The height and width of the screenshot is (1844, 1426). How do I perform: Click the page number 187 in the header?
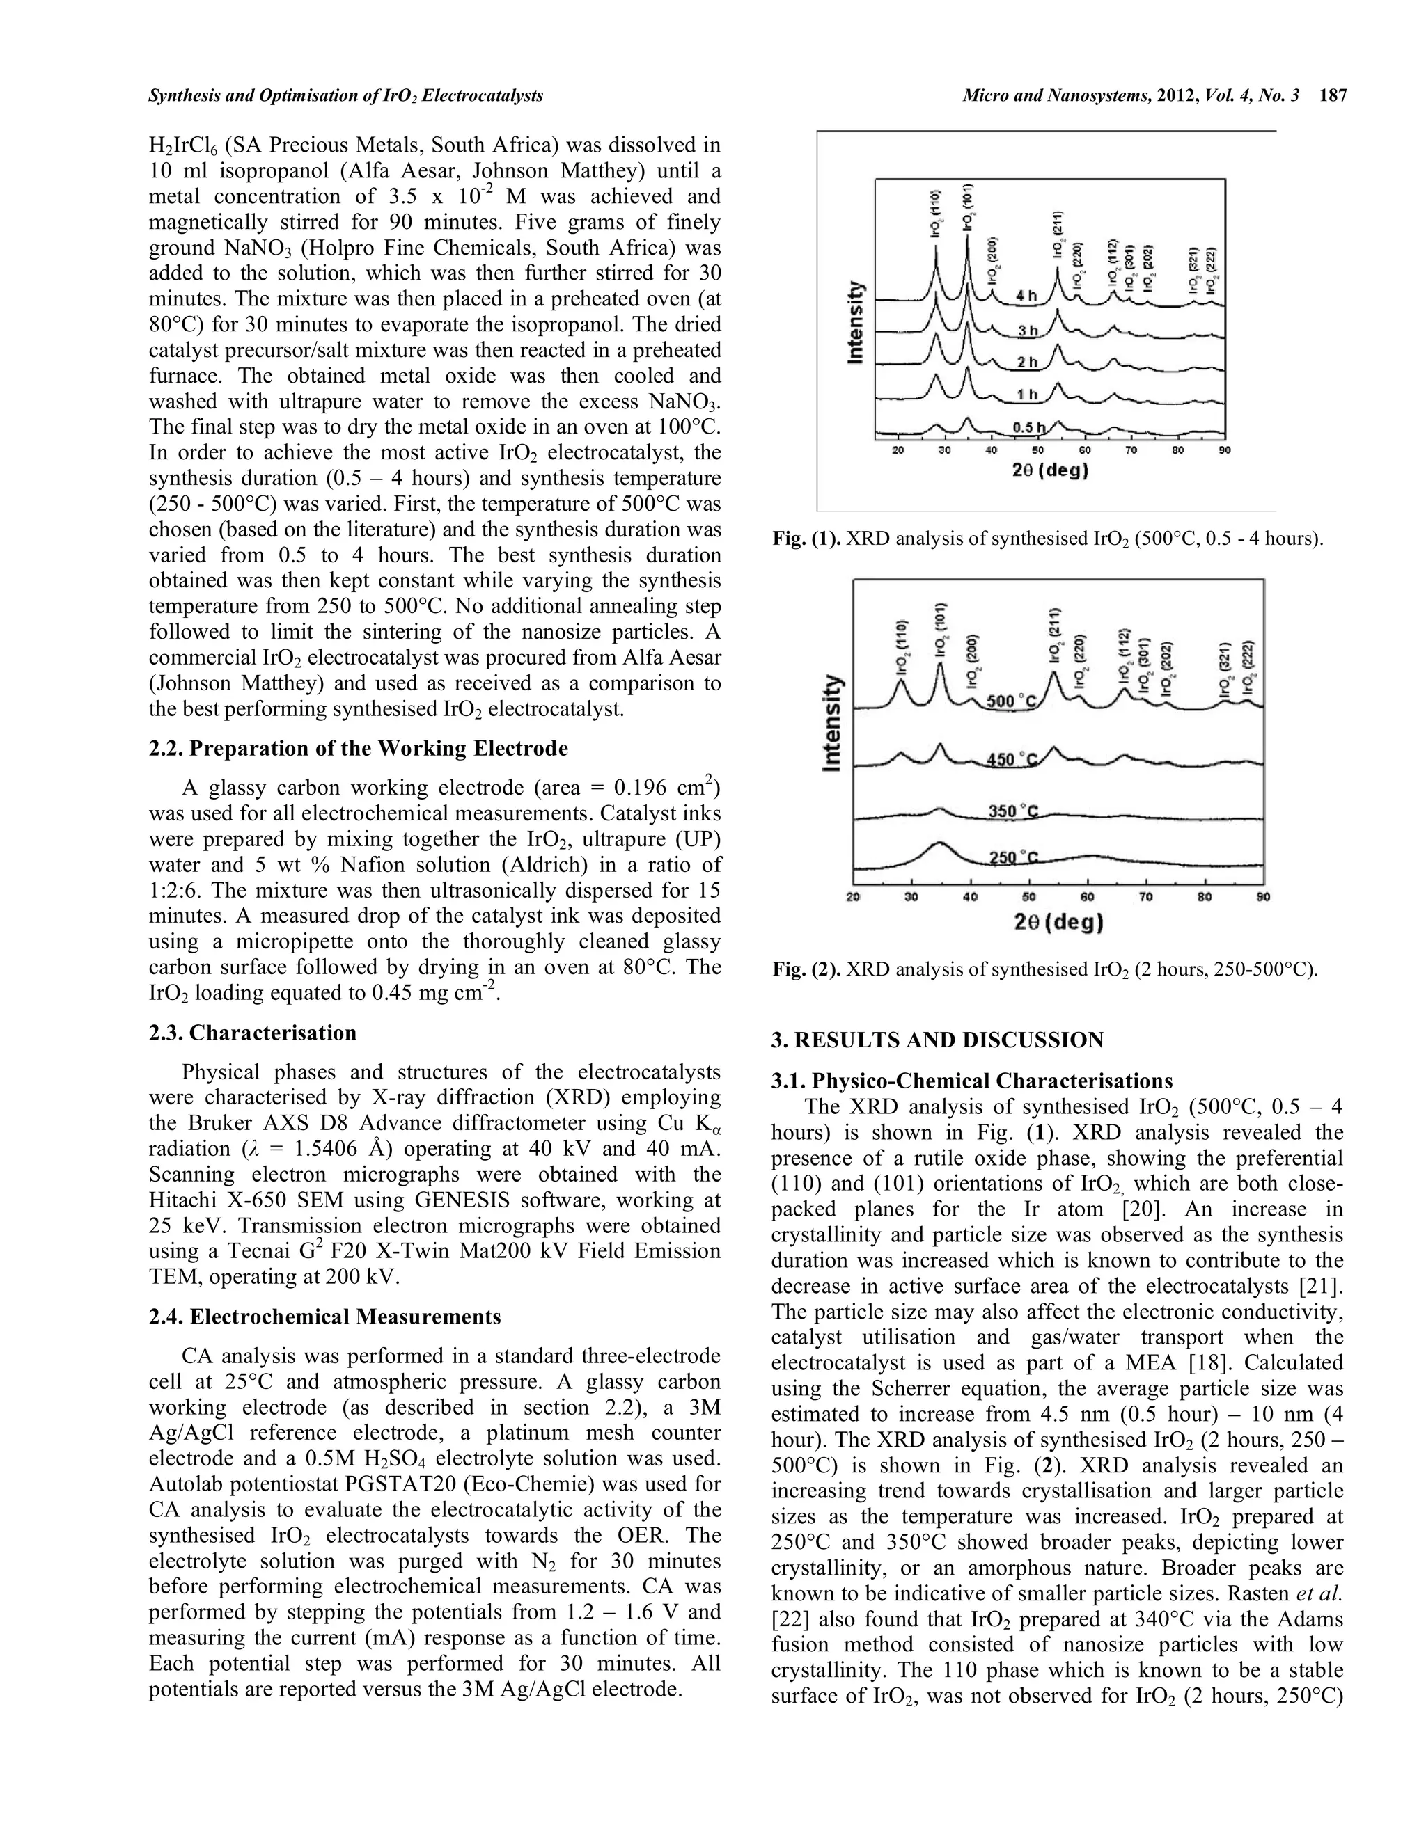(1334, 96)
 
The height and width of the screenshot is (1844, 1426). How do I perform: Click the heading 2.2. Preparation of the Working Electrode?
(358, 749)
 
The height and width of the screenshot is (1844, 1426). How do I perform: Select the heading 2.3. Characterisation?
(253, 1033)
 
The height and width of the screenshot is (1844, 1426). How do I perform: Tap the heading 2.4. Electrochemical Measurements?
(324, 1317)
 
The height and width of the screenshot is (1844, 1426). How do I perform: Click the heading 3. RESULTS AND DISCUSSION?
(937, 1040)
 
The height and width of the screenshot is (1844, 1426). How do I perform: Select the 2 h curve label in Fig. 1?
(1026, 361)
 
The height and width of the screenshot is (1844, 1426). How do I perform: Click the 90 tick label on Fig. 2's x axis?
(1263, 898)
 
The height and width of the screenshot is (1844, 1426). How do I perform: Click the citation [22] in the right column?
(788, 1642)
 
